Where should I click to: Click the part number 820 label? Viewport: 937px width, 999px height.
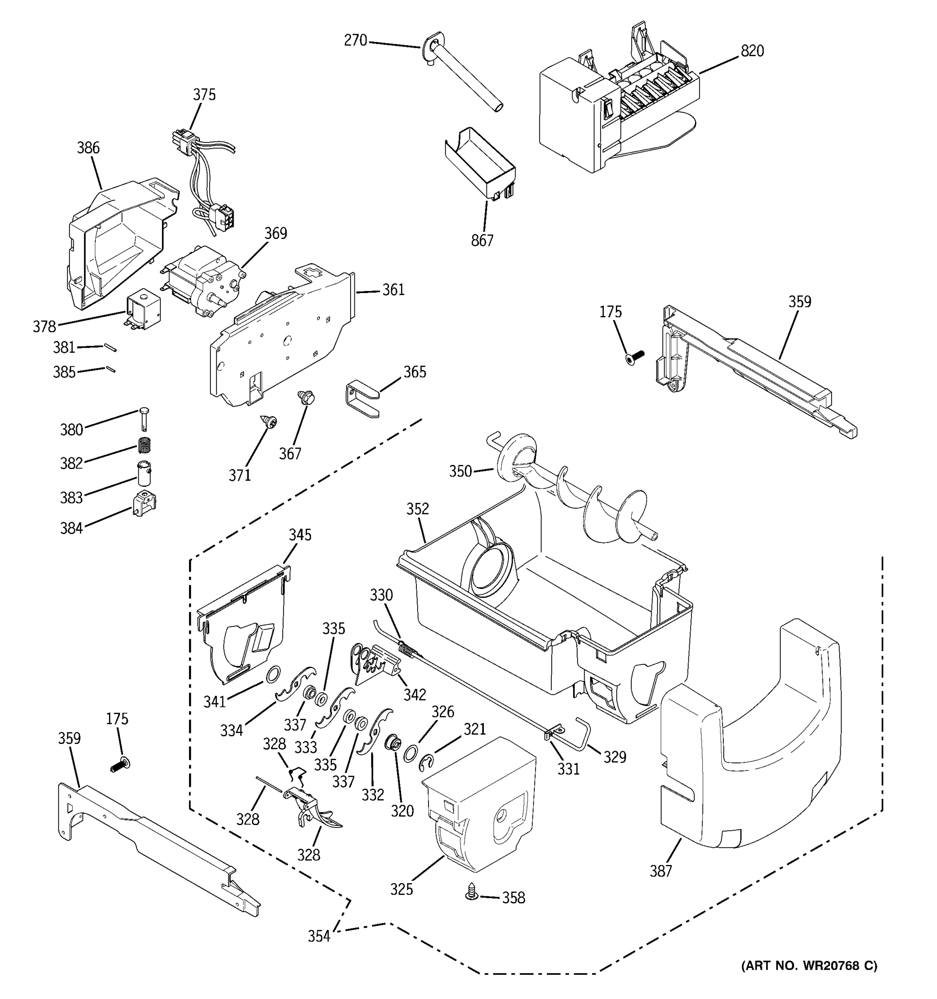click(752, 51)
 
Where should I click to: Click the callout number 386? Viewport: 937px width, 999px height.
click(88, 148)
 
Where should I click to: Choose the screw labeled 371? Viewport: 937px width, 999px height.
click(269, 422)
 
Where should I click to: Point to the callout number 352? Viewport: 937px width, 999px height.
click(418, 509)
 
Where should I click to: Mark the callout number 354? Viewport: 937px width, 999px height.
click(319, 936)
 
